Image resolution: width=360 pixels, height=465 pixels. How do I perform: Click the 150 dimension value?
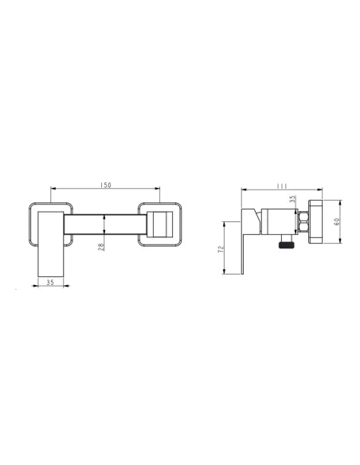[x=106, y=185]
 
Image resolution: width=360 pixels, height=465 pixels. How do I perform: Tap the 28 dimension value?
[x=101, y=247]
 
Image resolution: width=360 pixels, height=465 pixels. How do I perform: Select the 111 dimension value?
[x=282, y=186]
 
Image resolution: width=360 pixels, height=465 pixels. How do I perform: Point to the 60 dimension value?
[x=337, y=221]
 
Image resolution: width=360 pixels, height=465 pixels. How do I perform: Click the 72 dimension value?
[x=221, y=249]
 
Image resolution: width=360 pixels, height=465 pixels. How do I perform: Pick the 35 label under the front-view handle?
[x=50, y=283]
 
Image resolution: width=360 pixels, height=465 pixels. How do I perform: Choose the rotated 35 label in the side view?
[x=292, y=199]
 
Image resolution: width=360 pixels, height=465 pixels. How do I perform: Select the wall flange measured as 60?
[x=315, y=222]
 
